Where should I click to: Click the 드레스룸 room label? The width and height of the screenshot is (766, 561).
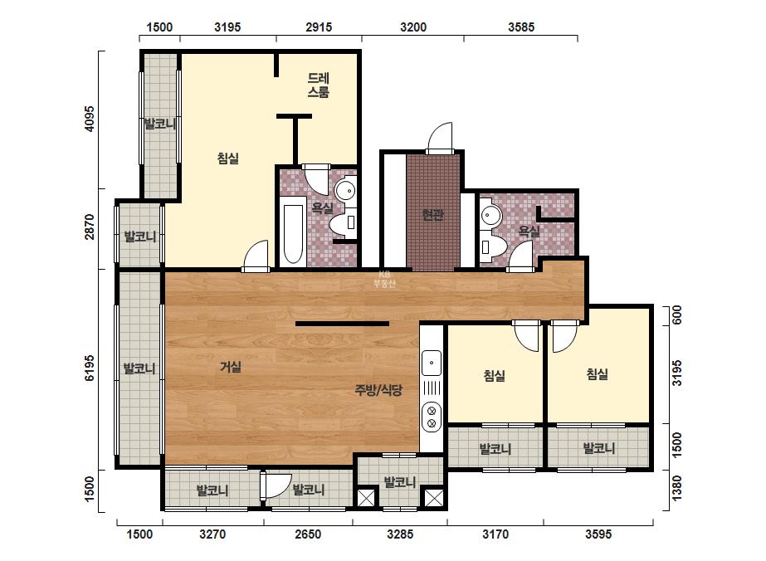point(319,85)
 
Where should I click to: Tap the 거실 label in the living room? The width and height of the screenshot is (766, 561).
point(231,367)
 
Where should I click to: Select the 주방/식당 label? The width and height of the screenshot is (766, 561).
point(378,390)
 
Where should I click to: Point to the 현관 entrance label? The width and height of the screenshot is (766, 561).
point(433,215)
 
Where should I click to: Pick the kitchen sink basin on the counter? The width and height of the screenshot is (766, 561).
point(432,363)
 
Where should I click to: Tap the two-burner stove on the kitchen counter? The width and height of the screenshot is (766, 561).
point(432,416)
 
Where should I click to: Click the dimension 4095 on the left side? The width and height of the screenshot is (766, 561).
point(89,119)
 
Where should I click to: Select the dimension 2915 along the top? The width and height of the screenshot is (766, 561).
point(319,27)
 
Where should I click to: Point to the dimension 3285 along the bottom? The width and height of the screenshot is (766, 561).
point(400,534)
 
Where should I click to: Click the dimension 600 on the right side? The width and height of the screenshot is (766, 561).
point(676,315)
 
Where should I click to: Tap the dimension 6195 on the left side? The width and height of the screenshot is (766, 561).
point(89,368)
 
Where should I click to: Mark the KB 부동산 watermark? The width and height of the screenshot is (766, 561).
point(384,280)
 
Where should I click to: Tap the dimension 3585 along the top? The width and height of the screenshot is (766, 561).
point(521,27)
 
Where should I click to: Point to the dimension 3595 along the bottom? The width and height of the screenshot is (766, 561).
point(598,534)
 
